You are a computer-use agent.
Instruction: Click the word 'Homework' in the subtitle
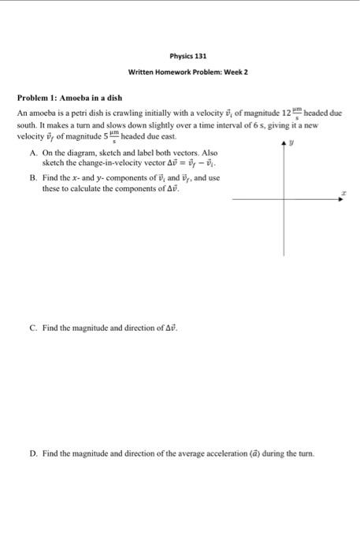[x=175, y=73]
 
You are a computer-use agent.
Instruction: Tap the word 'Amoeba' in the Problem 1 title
[x=79, y=98]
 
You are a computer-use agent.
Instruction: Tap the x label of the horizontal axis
[x=343, y=191]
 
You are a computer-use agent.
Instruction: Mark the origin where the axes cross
[x=286, y=200]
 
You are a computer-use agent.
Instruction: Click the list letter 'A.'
[x=32, y=152]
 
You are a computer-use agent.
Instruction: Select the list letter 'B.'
[x=32, y=179]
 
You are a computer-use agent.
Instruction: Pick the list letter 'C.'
[x=32, y=326]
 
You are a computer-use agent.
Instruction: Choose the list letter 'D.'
[x=32, y=453]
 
